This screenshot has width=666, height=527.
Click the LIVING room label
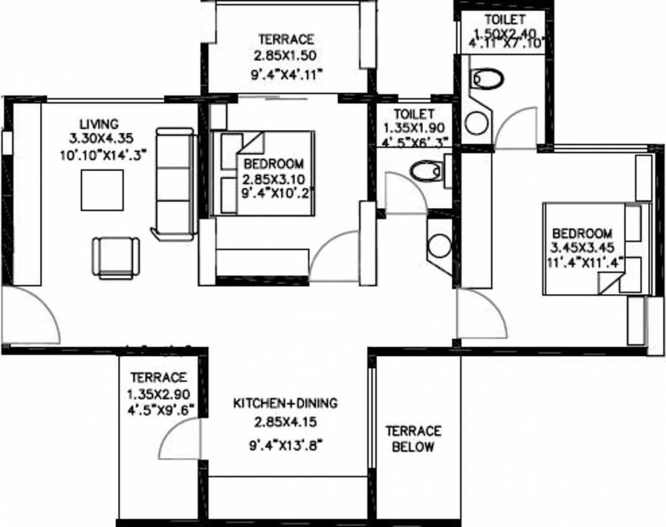pyautogui.click(x=99, y=124)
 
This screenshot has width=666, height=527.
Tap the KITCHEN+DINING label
pyautogui.click(x=285, y=403)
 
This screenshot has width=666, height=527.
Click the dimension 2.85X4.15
pyautogui.click(x=285, y=421)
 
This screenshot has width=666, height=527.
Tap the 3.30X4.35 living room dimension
pyautogui.click(x=99, y=139)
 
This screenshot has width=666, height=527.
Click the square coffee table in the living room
pyautogui.click(x=102, y=190)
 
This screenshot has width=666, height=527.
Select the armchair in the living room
pyautogui.click(x=115, y=257)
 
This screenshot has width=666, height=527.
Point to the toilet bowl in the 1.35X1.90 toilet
pyautogui.click(x=425, y=169)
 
